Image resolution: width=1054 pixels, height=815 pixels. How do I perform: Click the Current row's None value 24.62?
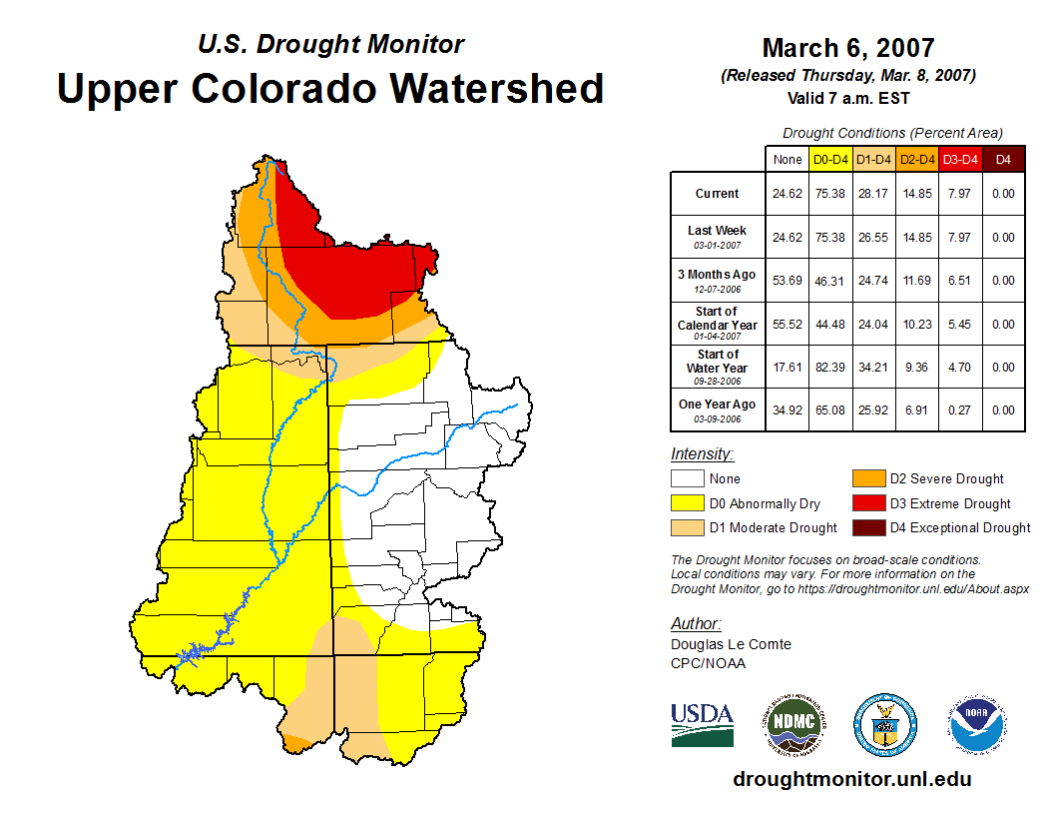(788, 194)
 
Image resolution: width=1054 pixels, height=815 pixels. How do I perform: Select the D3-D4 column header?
(961, 159)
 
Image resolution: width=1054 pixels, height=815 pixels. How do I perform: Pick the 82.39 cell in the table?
(830, 367)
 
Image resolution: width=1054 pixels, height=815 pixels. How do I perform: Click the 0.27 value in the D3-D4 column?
(961, 409)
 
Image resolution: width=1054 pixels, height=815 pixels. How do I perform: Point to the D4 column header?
(1004, 159)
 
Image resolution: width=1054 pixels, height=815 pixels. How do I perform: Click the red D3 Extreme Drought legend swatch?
(867, 503)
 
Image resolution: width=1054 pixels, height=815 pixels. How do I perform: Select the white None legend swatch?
(687, 479)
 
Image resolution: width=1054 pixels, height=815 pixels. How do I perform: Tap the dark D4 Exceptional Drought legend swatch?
(867, 527)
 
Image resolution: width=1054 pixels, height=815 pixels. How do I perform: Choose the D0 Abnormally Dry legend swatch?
(687, 503)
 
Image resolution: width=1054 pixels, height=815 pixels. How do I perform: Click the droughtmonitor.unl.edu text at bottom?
(851, 779)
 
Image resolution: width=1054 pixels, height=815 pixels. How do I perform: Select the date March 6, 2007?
(847, 48)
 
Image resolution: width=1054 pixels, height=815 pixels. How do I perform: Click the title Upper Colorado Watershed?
(330, 88)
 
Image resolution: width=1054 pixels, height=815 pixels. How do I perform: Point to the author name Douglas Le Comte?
(731, 644)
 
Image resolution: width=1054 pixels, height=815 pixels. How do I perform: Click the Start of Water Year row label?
(717, 366)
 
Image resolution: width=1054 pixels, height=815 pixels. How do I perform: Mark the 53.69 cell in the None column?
(788, 281)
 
